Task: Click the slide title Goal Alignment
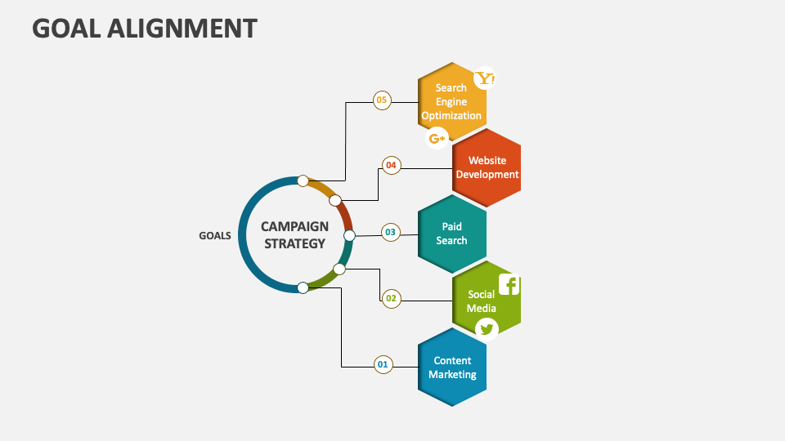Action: [145, 29]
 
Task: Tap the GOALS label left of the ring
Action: [215, 236]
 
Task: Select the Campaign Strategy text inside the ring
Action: [294, 234]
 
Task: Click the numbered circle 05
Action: [382, 100]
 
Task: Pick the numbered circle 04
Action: [391, 166]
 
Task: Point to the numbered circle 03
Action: [391, 233]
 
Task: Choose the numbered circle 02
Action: [391, 298]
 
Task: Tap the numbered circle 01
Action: [383, 364]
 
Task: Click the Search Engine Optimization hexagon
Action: [451, 101]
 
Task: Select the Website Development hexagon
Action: [487, 167]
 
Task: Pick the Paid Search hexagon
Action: [451, 234]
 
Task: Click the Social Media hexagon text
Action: [482, 301]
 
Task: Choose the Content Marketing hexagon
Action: [452, 367]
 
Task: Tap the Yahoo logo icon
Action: [486, 78]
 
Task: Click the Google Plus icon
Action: [437, 139]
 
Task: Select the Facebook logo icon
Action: [509, 285]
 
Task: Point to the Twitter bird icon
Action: [487, 328]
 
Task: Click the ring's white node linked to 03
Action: [349, 236]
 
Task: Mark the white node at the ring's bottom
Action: [303, 287]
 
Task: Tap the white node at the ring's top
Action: [303, 180]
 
